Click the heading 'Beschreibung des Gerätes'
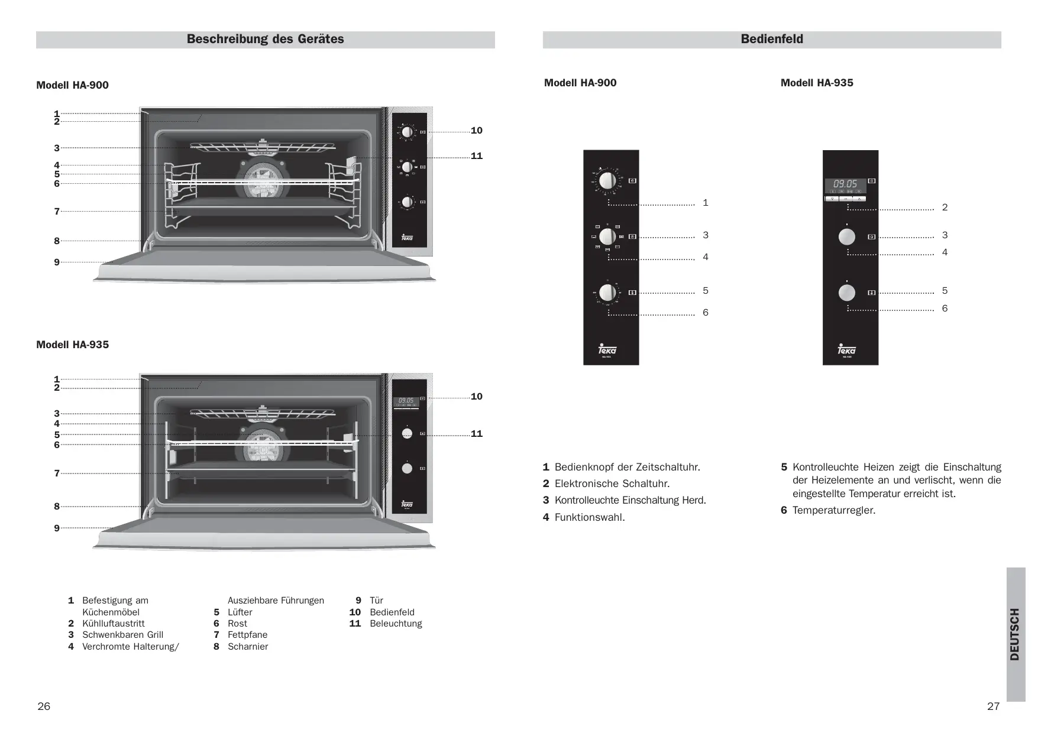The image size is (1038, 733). click(x=265, y=40)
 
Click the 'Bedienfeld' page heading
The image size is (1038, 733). click(x=771, y=40)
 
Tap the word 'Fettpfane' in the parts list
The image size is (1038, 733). click(x=247, y=635)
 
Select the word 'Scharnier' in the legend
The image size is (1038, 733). click(x=248, y=647)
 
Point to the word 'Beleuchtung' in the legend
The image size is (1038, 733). click(x=396, y=624)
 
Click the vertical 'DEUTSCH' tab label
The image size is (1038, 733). click(x=1015, y=634)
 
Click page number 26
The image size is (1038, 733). click(x=44, y=706)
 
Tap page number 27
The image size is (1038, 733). click(x=993, y=706)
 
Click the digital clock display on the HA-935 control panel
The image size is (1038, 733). click(x=845, y=184)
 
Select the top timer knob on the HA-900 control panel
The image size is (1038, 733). click(x=607, y=180)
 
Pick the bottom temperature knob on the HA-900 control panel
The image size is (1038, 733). click(x=607, y=293)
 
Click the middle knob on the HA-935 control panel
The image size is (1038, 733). click(x=847, y=236)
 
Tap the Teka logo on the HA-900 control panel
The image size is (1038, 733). click(x=607, y=350)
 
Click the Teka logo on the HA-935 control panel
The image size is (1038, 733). click(x=847, y=350)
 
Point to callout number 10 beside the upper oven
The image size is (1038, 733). click(x=476, y=131)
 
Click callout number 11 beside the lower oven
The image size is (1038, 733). click(x=476, y=434)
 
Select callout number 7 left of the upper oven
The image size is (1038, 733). click(x=57, y=211)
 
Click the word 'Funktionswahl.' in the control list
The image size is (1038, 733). click(x=590, y=518)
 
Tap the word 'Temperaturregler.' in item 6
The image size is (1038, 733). click(x=834, y=510)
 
